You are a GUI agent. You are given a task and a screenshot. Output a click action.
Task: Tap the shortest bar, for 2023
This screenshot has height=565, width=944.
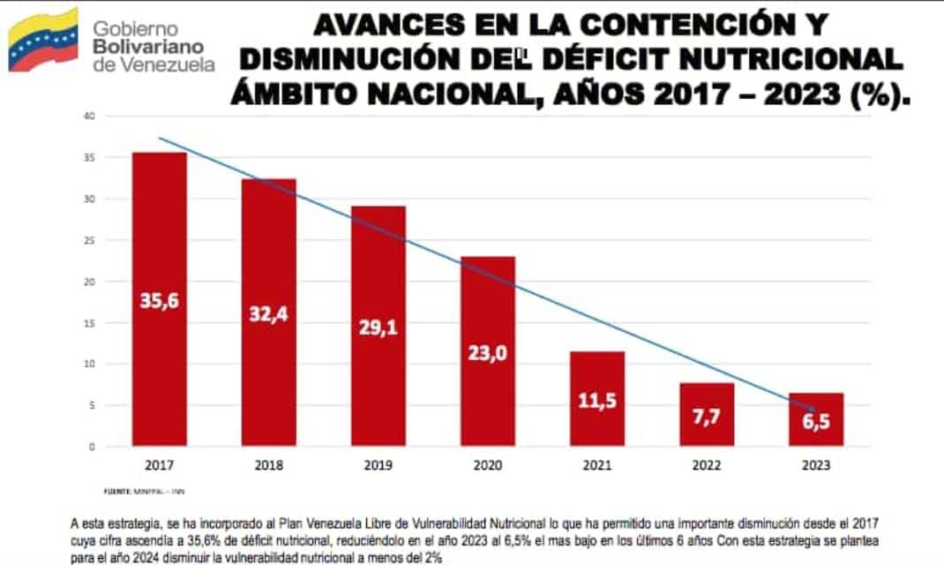tap(816, 419)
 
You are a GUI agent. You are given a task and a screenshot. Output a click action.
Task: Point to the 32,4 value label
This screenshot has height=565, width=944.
tap(269, 313)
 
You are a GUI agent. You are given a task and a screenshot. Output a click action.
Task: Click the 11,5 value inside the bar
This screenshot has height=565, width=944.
tap(597, 400)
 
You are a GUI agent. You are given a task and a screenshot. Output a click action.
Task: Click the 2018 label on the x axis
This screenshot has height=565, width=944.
tap(269, 464)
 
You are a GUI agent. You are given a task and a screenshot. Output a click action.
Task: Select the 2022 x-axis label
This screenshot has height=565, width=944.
tap(707, 464)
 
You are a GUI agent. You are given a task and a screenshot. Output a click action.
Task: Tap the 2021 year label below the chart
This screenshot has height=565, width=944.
tap(597, 464)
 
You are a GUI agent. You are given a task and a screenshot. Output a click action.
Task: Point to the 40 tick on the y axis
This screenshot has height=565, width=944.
tap(89, 116)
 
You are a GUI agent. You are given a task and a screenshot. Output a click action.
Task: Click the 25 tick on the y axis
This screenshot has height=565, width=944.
tap(89, 240)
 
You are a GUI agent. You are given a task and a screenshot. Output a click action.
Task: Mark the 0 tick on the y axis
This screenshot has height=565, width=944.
tap(92, 447)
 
